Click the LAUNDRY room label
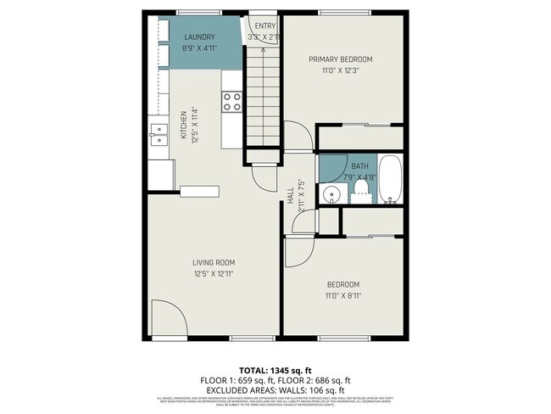(x=198, y=37)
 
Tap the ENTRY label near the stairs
(x=265, y=26)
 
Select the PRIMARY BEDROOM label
(x=340, y=59)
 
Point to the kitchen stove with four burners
(x=232, y=102)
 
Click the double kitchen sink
(x=159, y=133)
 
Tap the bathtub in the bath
(x=390, y=180)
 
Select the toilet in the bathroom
(x=361, y=188)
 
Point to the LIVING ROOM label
(x=213, y=262)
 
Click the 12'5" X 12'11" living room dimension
(x=213, y=273)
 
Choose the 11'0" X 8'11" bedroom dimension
(x=342, y=294)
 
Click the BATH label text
(x=360, y=166)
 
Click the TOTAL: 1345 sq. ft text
(x=275, y=371)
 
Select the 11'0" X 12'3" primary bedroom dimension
(x=340, y=70)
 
